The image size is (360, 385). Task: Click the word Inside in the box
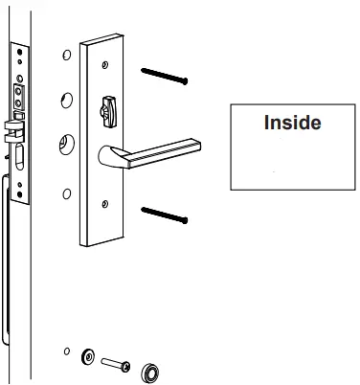292,124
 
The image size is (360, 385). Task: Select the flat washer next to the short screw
89,357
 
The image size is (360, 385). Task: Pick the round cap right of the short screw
150,371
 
